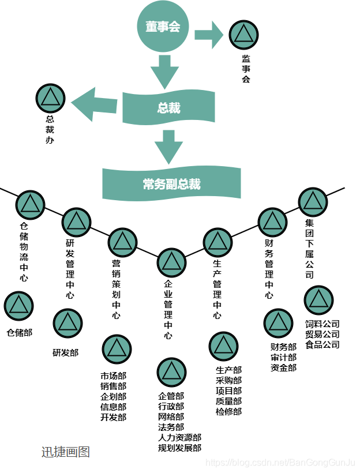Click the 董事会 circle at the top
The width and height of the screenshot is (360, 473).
click(163, 27)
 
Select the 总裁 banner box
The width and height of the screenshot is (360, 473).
click(168, 108)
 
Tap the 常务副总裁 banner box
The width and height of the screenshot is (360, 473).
click(171, 184)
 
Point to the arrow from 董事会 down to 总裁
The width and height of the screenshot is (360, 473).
click(164, 71)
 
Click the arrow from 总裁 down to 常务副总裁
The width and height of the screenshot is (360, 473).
click(168, 147)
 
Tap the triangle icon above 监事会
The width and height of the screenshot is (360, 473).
click(243, 35)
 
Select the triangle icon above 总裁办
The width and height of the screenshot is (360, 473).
click(50, 97)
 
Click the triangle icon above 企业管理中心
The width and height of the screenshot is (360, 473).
click(171, 263)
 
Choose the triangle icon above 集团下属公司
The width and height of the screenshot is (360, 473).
click(313, 202)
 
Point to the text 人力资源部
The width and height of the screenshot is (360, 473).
click(179, 437)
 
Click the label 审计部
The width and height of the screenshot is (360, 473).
click(283, 357)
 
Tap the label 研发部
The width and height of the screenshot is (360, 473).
click(65, 352)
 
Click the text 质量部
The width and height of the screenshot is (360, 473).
click(228, 401)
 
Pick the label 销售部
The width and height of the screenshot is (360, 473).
click(113, 386)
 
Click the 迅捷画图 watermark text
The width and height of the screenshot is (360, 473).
click(66, 452)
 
